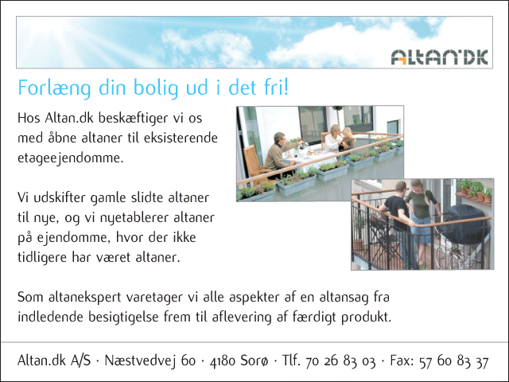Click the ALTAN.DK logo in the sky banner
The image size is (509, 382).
coord(439,57)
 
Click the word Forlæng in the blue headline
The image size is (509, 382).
coord(54,88)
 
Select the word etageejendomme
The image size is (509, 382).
coord(71,158)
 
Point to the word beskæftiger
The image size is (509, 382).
coord(133,118)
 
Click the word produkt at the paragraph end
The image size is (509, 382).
coord(366,318)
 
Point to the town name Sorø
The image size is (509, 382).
coord(254,361)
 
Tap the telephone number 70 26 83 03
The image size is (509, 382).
coord(340,361)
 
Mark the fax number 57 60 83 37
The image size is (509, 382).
coord(453,361)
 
